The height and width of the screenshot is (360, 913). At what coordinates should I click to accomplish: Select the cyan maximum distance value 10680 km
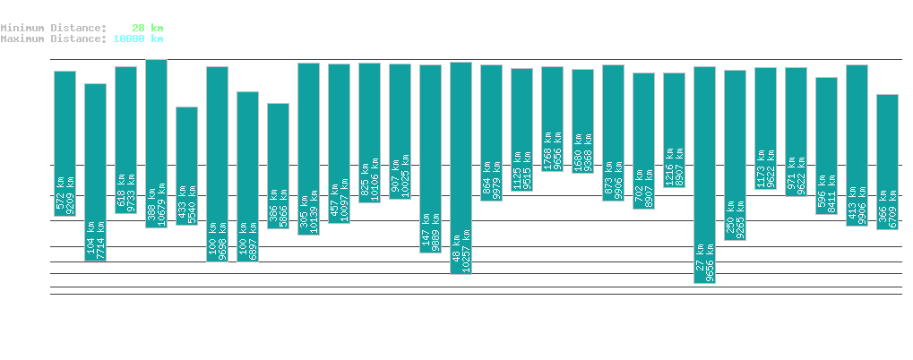(x=138, y=39)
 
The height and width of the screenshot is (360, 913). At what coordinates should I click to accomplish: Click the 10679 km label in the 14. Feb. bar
(x=163, y=205)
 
